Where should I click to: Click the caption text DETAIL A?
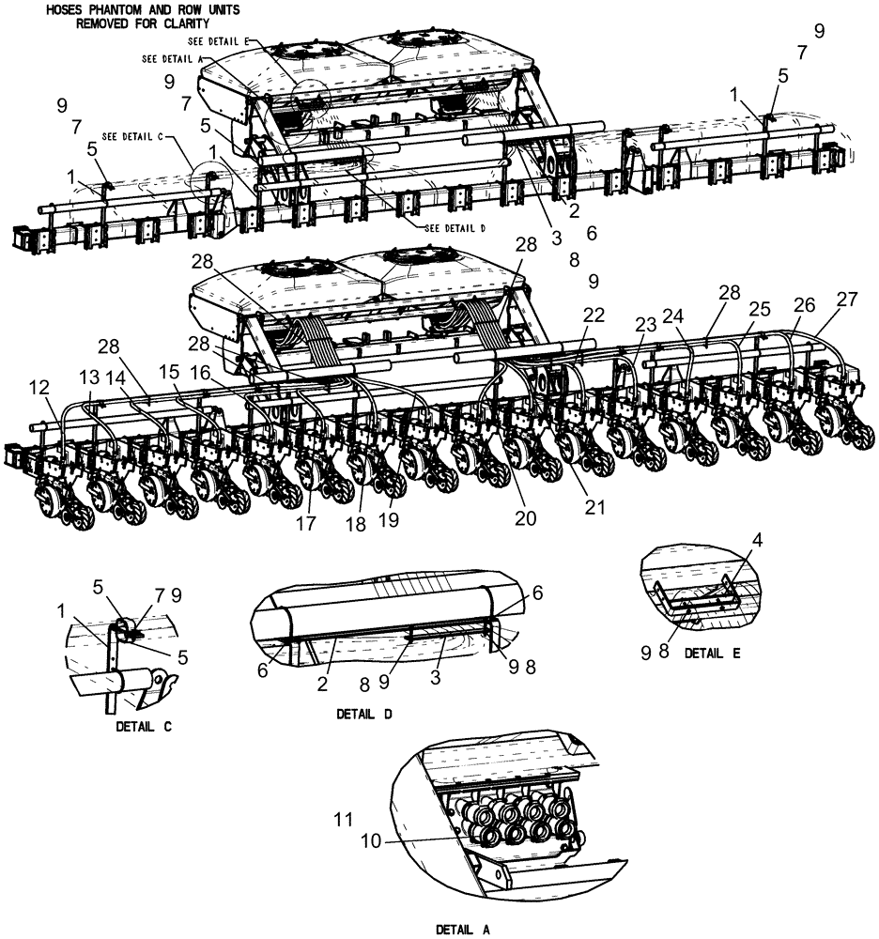point(463,930)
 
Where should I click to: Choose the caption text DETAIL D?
point(363,714)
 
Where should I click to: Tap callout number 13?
point(88,376)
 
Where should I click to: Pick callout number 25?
point(760,309)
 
